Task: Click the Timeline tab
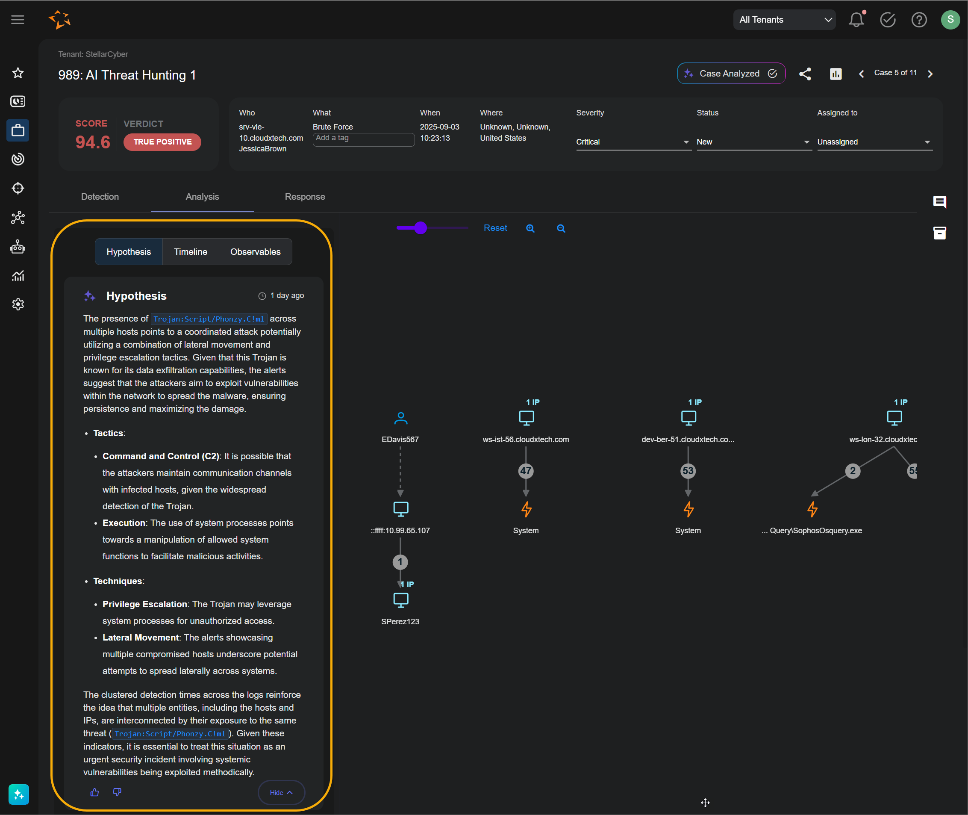coord(190,252)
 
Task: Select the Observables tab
coord(255,252)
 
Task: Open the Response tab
coord(305,197)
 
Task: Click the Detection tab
coord(100,197)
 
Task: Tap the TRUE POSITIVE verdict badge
coord(162,142)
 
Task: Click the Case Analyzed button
coord(731,74)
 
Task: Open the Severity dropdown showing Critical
coord(632,142)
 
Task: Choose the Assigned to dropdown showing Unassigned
coord(874,142)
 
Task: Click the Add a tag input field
coord(363,138)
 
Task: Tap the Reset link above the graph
coord(495,228)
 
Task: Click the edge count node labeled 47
coord(526,471)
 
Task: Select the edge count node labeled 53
coord(688,471)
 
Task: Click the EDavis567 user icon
coord(400,418)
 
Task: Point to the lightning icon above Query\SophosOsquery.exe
coord(812,509)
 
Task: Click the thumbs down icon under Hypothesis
coord(117,792)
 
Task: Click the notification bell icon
coord(856,20)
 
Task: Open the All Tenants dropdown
coord(784,20)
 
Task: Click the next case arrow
coord(930,74)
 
